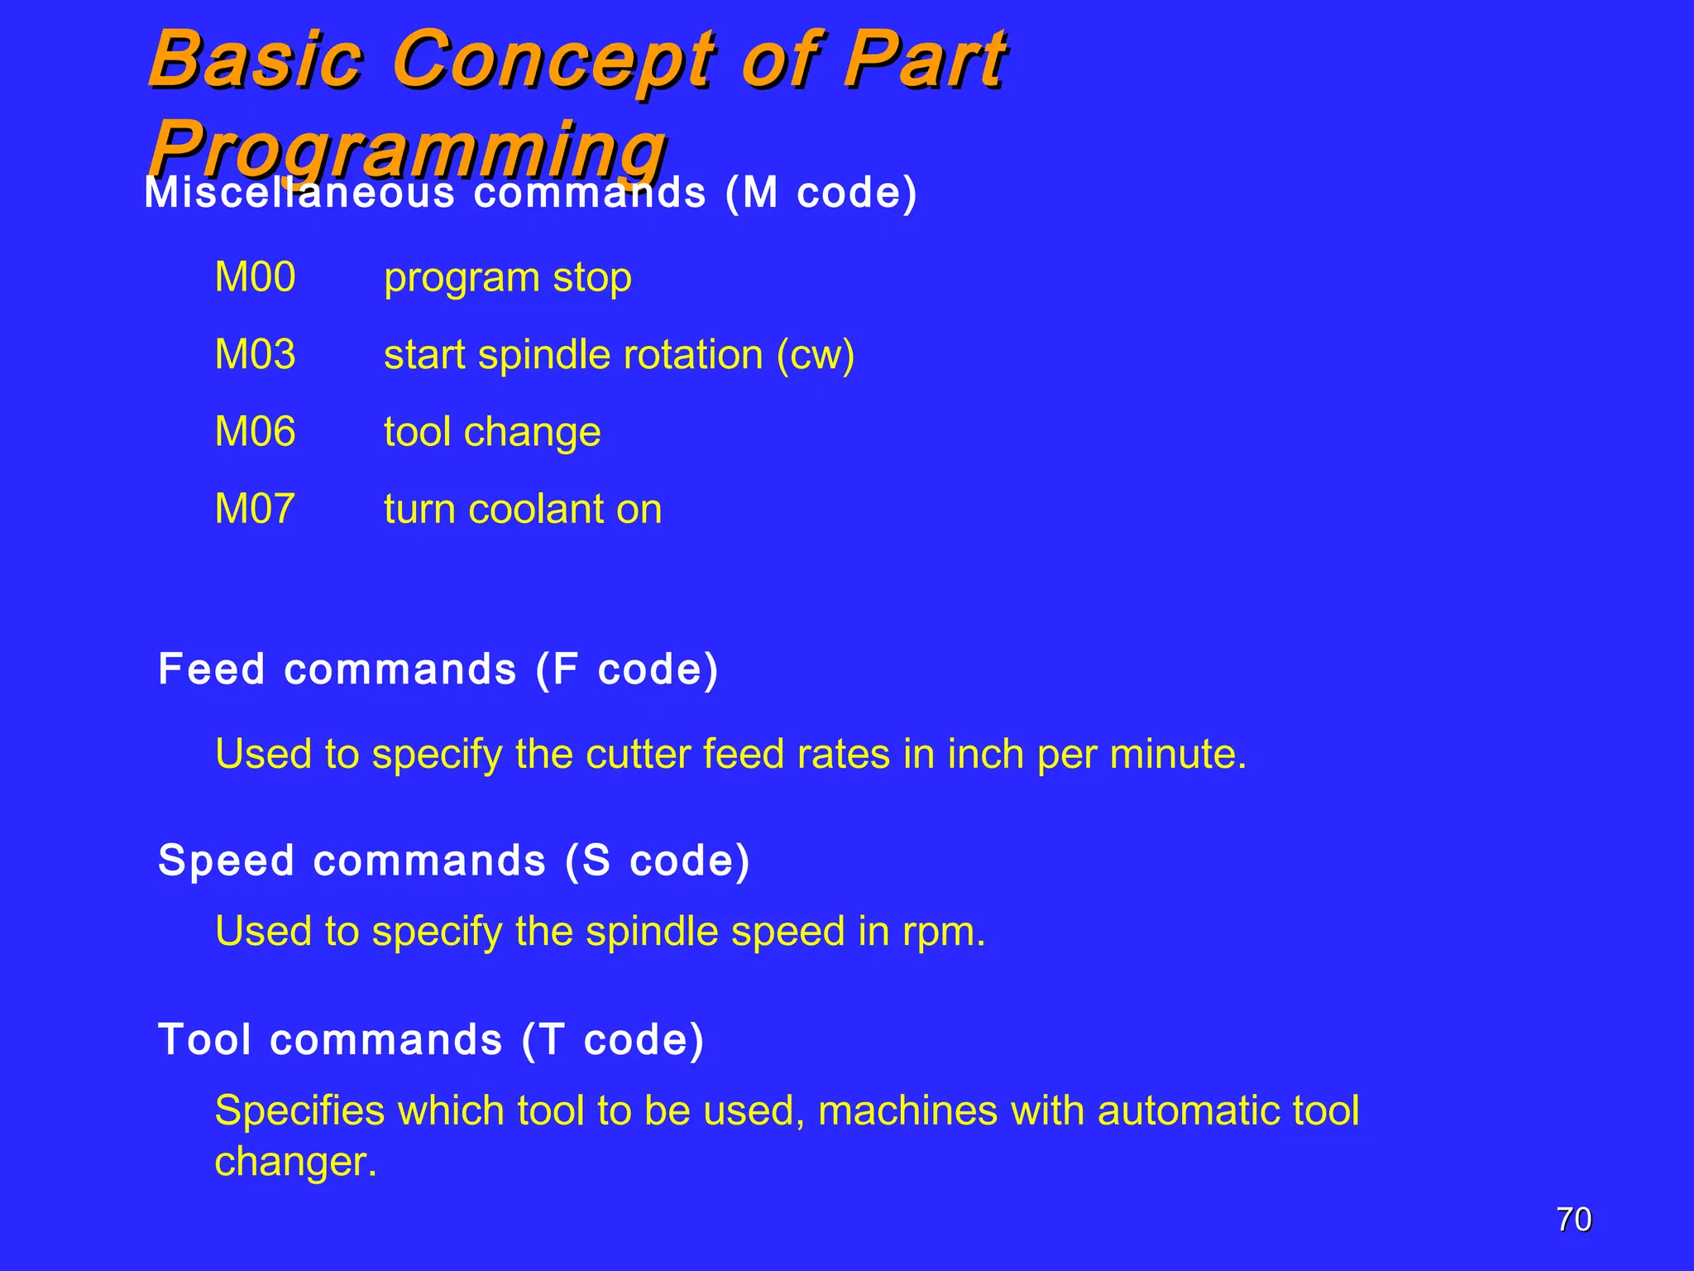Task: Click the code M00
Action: click(x=255, y=277)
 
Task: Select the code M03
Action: click(x=255, y=355)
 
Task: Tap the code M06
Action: click(x=255, y=432)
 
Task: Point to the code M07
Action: click(x=255, y=509)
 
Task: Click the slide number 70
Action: click(x=1573, y=1220)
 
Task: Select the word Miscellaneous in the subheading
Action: click(x=299, y=193)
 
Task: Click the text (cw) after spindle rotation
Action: click(x=815, y=356)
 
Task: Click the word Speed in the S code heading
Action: click(x=227, y=861)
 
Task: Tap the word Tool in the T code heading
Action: click(x=204, y=1039)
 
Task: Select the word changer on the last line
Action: click(x=295, y=1162)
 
